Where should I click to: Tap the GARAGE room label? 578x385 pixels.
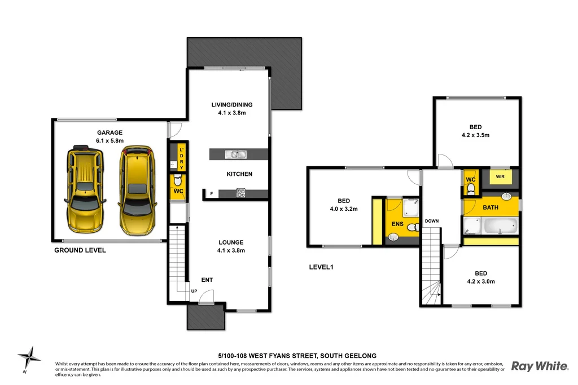point(109,133)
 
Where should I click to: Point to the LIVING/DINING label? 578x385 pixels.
point(231,104)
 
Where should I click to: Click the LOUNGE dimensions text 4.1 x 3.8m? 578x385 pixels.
point(231,250)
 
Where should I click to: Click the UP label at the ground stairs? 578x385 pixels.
point(194,291)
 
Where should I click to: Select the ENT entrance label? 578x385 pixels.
point(207,280)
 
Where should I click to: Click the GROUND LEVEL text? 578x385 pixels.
point(80,250)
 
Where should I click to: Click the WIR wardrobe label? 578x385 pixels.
point(500,177)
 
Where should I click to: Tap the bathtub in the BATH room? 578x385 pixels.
point(500,225)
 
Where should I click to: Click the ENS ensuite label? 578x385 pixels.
point(397,224)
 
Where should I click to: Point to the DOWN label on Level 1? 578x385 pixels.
point(432,221)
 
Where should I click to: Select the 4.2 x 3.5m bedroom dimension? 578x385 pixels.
point(475,135)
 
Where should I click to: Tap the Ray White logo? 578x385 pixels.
point(539,366)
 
